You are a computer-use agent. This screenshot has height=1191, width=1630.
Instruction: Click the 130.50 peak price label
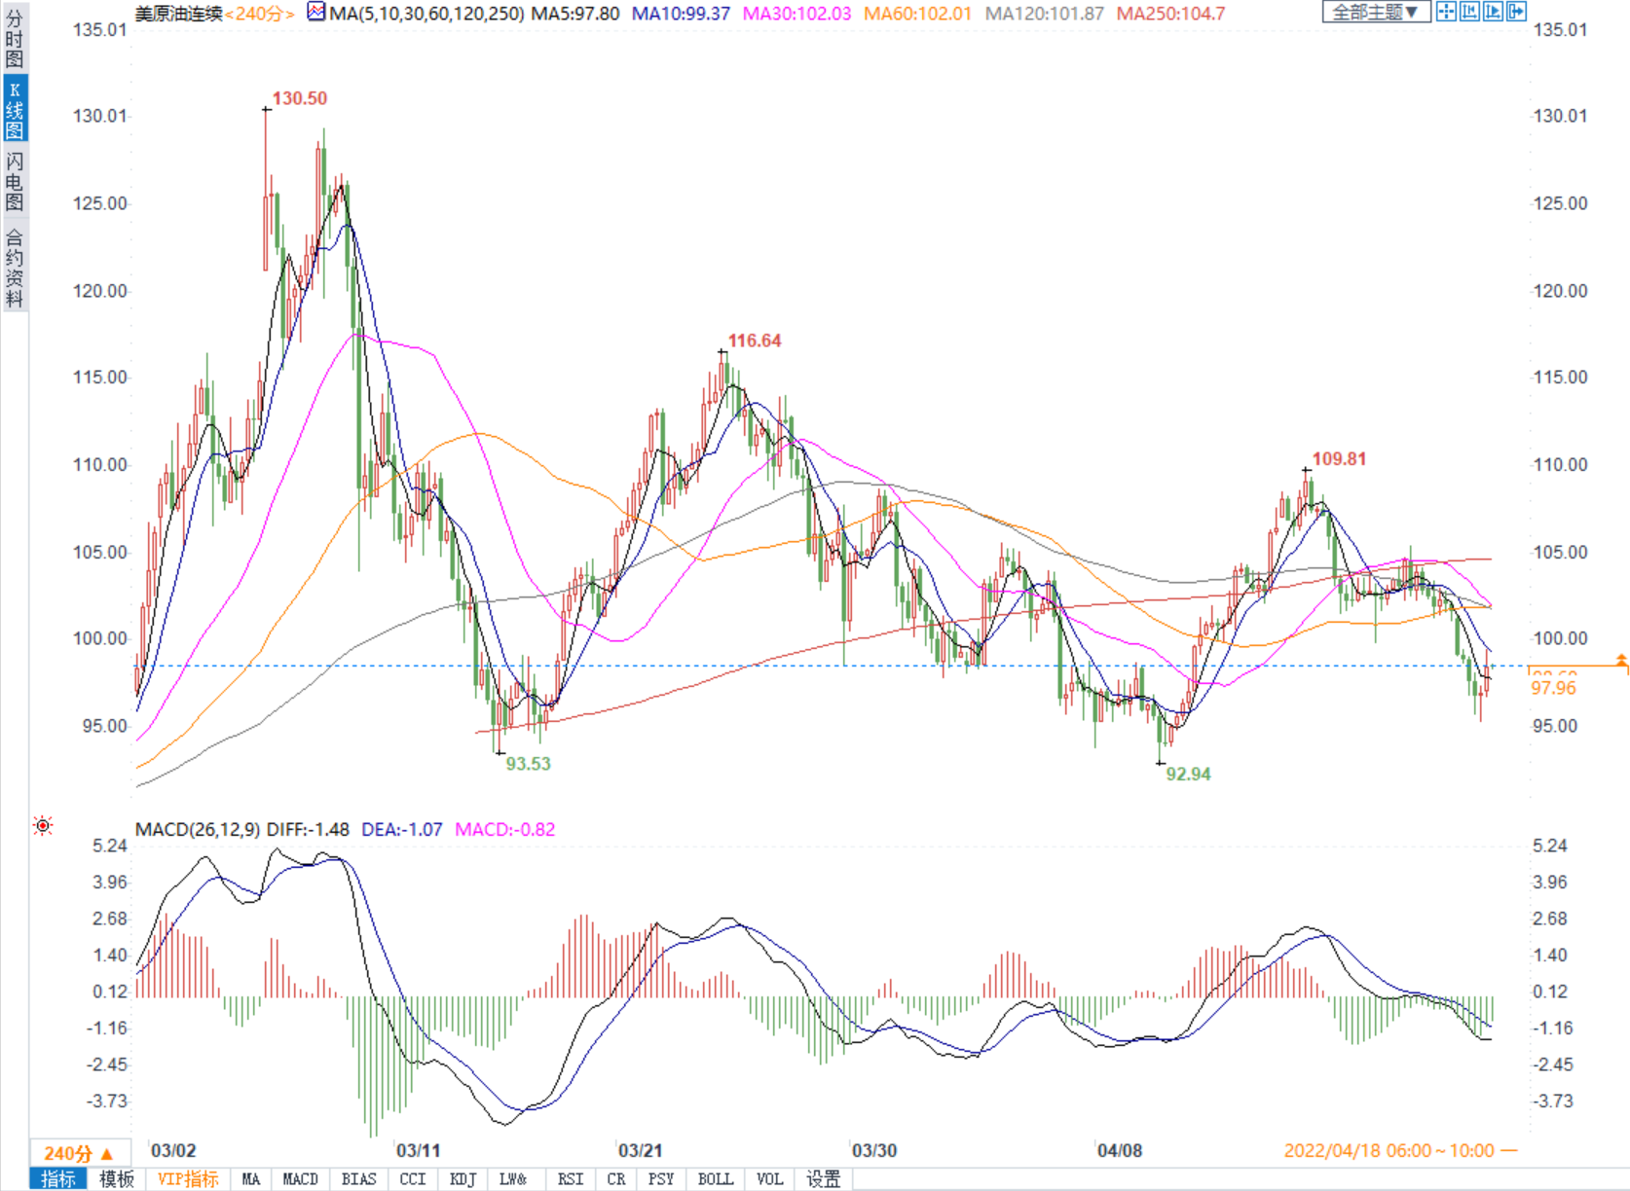[x=300, y=98]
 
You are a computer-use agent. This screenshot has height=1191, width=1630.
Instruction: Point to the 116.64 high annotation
[x=755, y=341]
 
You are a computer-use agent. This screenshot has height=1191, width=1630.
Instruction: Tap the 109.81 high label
[x=1339, y=458]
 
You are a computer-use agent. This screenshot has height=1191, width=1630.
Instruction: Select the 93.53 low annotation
[x=528, y=764]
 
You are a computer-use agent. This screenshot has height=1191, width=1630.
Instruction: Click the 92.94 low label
[x=1188, y=775]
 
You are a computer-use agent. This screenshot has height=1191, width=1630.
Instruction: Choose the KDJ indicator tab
[x=463, y=1179]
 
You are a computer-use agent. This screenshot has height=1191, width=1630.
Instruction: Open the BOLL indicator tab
[x=715, y=1179]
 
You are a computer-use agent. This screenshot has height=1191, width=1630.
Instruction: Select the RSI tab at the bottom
[x=571, y=1179]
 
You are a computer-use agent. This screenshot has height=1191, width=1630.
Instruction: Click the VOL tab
[x=769, y=1179]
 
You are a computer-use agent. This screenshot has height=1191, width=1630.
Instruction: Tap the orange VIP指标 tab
[x=188, y=1179]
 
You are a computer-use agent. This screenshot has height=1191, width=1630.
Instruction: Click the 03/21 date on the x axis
[x=640, y=1150]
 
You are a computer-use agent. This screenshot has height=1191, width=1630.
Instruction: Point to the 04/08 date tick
[x=1119, y=1150]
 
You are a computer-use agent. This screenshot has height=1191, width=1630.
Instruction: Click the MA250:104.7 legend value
[x=1170, y=14]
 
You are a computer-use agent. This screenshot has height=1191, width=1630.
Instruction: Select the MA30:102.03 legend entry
[x=796, y=14]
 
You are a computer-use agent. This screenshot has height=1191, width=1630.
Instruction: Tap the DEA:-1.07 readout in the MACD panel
[x=401, y=830]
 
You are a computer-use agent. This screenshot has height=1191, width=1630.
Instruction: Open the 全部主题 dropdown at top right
[x=1375, y=12]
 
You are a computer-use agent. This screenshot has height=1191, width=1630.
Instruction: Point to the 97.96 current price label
[x=1553, y=688]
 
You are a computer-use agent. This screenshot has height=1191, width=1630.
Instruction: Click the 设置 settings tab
[x=823, y=1179]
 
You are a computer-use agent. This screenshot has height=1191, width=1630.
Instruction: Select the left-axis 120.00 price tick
[x=100, y=291]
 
